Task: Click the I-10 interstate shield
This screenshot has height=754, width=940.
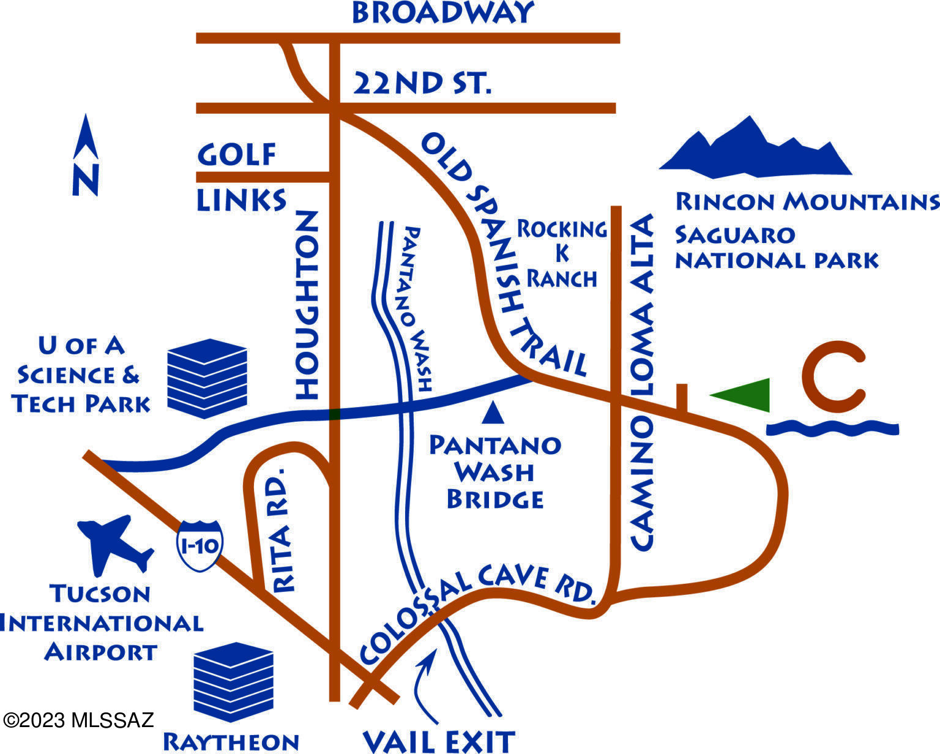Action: coord(200,546)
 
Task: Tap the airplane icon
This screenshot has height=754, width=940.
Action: coord(114,544)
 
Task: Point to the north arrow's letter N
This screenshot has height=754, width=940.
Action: coord(86,179)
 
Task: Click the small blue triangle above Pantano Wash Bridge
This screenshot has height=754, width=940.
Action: coord(493,413)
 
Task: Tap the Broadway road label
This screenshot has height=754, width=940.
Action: coord(442,13)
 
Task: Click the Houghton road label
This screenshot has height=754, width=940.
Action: coord(307,305)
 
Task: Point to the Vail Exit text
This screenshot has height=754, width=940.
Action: coord(439,741)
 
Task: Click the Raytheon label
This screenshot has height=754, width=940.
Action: coord(231,742)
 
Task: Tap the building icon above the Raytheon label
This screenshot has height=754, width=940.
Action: coord(233,682)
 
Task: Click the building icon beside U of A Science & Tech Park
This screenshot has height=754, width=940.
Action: coord(207,378)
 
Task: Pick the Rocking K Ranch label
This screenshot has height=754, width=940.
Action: coord(562,254)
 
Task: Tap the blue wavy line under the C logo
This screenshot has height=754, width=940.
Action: coord(832,428)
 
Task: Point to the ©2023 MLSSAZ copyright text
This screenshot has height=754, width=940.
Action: coord(78,720)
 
